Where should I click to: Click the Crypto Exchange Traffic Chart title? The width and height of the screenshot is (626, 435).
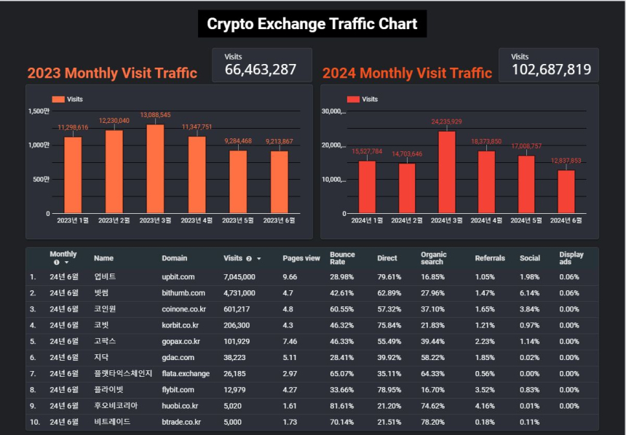(x=312, y=24)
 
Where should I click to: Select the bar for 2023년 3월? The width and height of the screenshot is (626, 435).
(x=155, y=169)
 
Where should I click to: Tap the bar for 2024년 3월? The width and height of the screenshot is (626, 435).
(x=447, y=172)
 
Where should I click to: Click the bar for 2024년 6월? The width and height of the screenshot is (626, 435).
(x=566, y=192)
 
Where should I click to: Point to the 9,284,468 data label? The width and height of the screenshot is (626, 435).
(x=238, y=141)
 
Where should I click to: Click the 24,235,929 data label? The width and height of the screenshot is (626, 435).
(x=446, y=121)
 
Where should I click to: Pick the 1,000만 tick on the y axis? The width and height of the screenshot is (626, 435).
(x=39, y=145)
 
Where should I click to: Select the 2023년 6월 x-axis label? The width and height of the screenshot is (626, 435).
(x=279, y=220)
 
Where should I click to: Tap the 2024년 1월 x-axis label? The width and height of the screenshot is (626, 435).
(x=367, y=220)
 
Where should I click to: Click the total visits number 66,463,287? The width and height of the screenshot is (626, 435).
(x=261, y=69)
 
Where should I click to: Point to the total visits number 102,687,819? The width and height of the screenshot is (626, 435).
(x=551, y=69)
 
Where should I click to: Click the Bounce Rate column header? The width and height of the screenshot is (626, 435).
(x=342, y=258)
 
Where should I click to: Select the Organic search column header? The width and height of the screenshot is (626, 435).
(x=434, y=258)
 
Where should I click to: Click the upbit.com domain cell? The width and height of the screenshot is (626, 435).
(x=178, y=277)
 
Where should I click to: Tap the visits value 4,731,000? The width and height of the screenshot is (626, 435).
(x=239, y=293)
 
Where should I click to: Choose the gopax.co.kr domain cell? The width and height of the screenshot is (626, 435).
(x=181, y=342)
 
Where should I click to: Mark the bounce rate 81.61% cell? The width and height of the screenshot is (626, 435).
(x=341, y=406)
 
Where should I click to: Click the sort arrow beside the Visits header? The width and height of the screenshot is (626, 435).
(x=258, y=259)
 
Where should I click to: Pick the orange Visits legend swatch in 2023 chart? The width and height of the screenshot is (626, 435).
(x=58, y=100)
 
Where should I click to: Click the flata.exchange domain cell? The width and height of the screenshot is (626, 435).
(x=186, y=374)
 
